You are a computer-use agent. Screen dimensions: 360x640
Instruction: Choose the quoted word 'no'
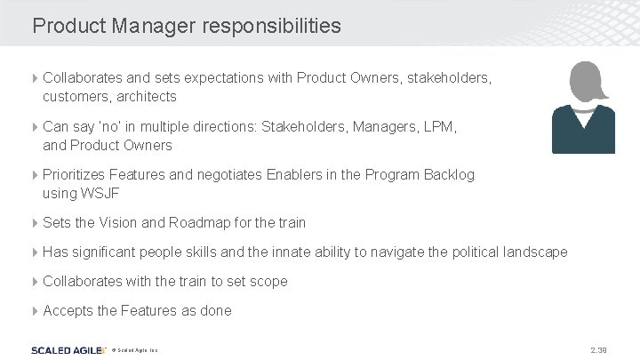click(x=112, y=127)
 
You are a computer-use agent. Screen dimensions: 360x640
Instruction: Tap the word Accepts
click(x=68, y=310)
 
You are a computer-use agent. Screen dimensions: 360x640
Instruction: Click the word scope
click(x=269, y=281)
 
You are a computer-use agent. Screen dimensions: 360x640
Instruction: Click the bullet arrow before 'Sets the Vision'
click(x=36, y=222)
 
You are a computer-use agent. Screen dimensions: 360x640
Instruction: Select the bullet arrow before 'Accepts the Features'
click(x=36, y=310)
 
